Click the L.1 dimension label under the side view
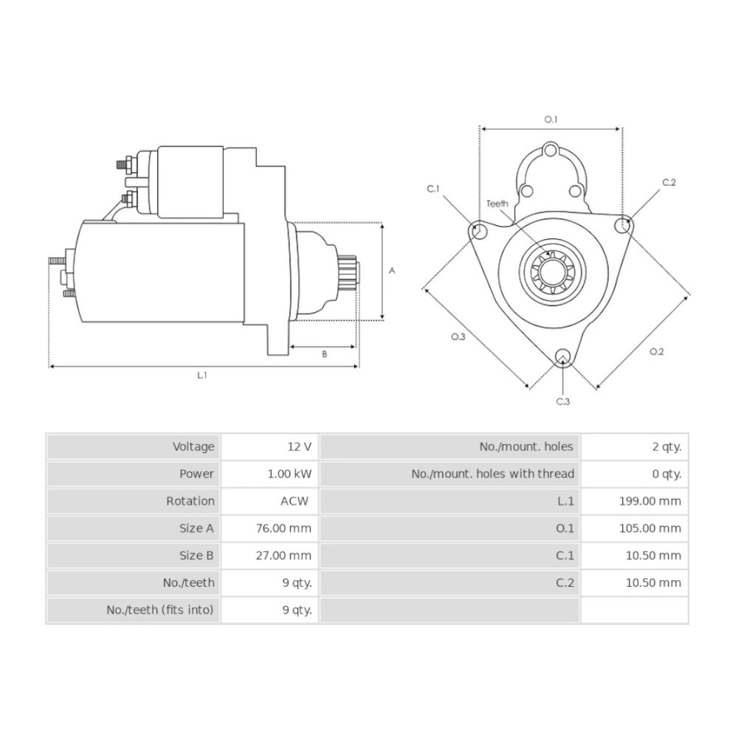[202, 375]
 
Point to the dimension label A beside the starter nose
[392, 271]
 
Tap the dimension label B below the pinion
[324, 354]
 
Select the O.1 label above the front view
[551, 120]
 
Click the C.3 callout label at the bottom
[563, 401]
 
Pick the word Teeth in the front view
[497, 204]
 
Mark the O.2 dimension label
[657, 351]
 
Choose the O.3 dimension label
[458, 337]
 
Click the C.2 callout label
[669, 182]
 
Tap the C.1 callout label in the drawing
[433, 189]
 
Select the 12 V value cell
[300, 446]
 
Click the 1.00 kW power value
[289, 474]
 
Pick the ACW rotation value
[294, 501]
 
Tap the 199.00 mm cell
[650, 501]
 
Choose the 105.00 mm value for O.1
[650, 528]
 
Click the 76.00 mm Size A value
[284, 528]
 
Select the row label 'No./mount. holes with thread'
[493, 474]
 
